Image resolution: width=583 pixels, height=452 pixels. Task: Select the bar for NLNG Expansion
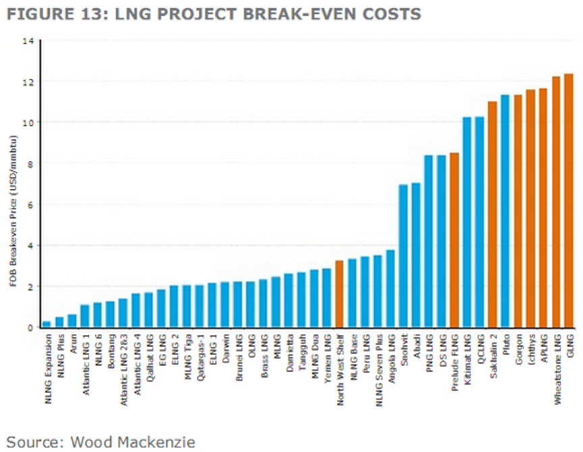(47, 324)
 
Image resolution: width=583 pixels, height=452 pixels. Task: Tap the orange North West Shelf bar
(339, 294)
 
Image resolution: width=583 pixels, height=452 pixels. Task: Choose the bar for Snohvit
(403, 256)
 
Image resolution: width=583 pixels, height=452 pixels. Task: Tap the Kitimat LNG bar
(467, 223)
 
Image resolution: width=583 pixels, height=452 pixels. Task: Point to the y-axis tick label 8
(30, 164)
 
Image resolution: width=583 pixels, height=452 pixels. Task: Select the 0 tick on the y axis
(30, 328)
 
